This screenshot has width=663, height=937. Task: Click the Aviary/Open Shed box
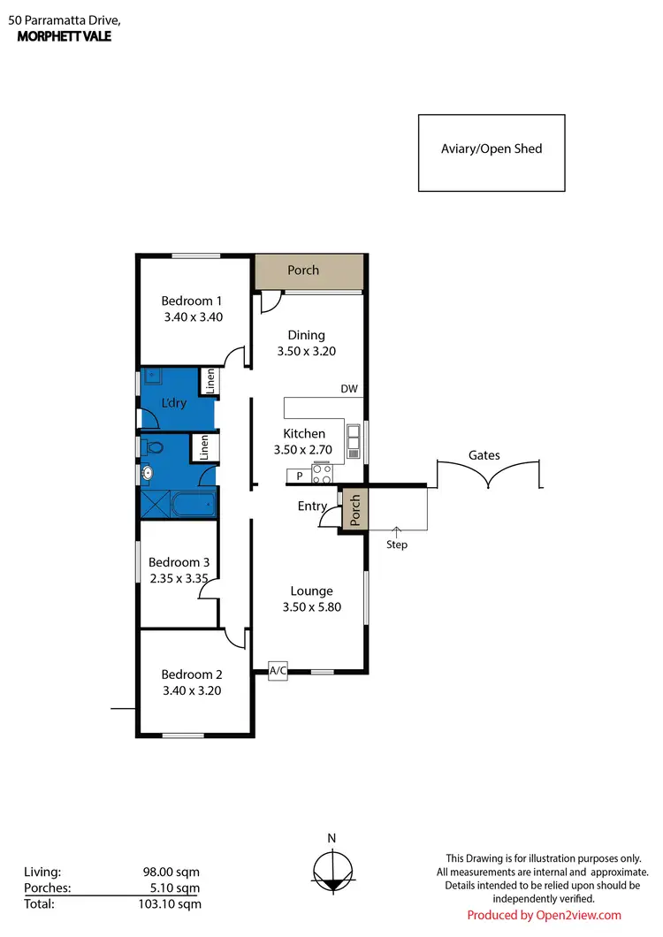click(x=492, y=152)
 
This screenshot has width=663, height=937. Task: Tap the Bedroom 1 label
click(x=191, y=301)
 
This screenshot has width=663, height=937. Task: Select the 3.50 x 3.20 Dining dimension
click(x=307, y=351)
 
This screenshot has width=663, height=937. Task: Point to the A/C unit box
click(x=278, y=671)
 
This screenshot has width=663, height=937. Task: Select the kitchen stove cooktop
click(x=321, y=476)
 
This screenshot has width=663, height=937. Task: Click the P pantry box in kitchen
click(x=299, y=476)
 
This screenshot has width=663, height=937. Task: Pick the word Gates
click(x=484, y=455)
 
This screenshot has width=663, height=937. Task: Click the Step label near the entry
click(x=397, y=545)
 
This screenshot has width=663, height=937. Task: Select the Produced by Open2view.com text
click(x=544, y=915)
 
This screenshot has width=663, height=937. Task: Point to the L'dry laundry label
click(x=173, y=403)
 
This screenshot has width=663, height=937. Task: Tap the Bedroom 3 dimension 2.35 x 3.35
click(x=179, y=579)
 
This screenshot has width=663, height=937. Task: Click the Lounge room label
click(x=311, y=591)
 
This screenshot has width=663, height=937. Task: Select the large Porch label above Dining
click(x=303, y=270)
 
